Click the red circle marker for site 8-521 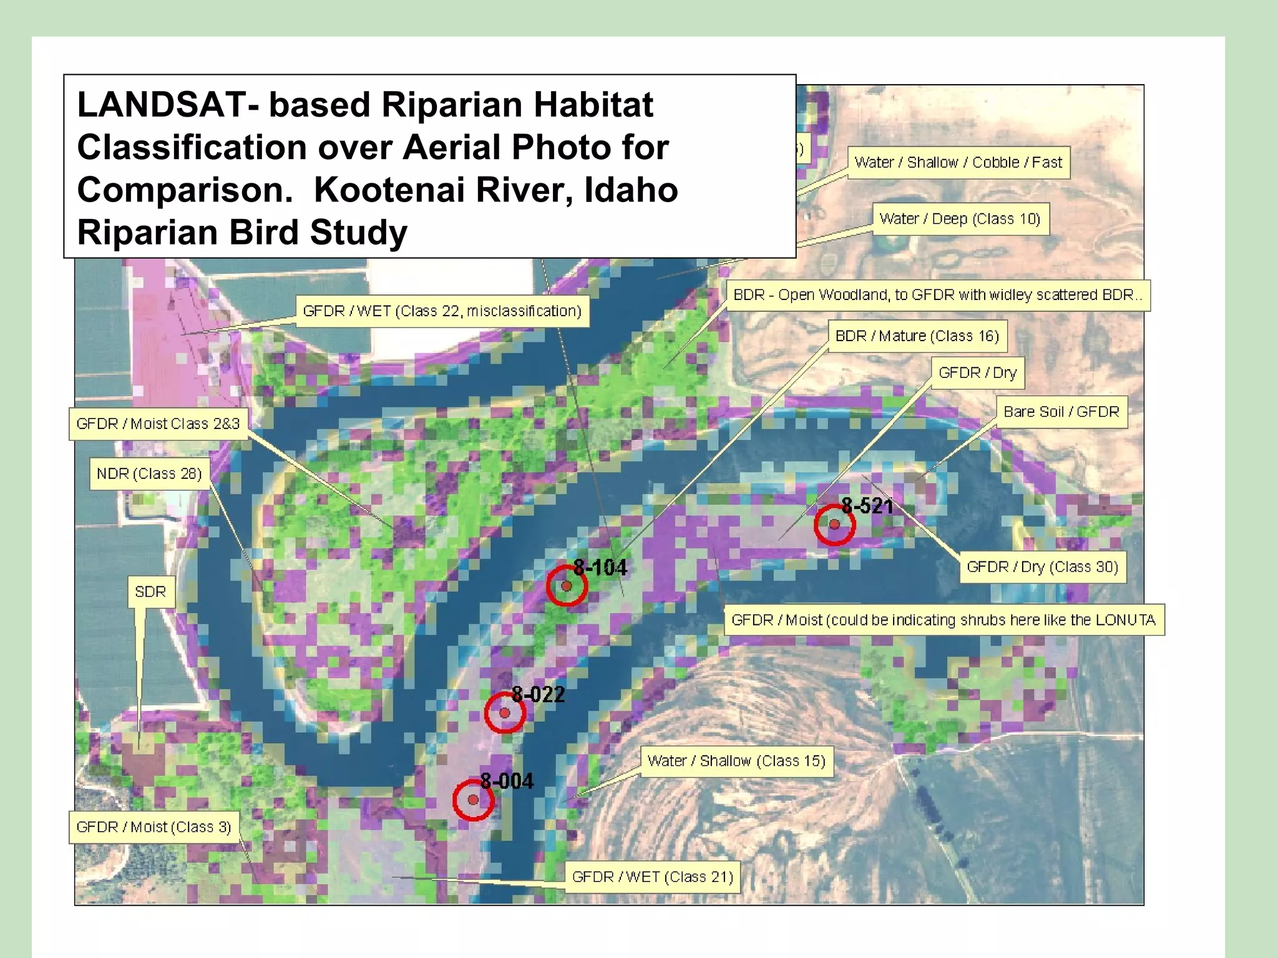[x=834, y=525]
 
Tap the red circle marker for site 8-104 [x=567, y=586]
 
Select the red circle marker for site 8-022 [x=505, y=713]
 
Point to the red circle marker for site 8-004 [x=473, y=800]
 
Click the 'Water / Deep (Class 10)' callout [x=960, y=219]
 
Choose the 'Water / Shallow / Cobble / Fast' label [x=958, y=163]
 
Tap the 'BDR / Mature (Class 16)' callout [x=917, y=336]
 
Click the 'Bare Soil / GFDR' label [x=1061, y=412]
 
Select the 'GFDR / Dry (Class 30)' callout [x=1042, y=567]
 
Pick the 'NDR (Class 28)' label [x=149, y=474]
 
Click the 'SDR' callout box [x=150, y=592]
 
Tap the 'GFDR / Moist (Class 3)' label [x=154, y=827]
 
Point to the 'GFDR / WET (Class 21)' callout [x=652, y=877]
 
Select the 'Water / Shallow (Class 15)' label [x=736, y=761]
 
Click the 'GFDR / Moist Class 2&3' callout [x=158, y=424]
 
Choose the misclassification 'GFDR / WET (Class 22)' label [x=442, y=311]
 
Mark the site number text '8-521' [x=867, y=506]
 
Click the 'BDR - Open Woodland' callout [x=937, y=295]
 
